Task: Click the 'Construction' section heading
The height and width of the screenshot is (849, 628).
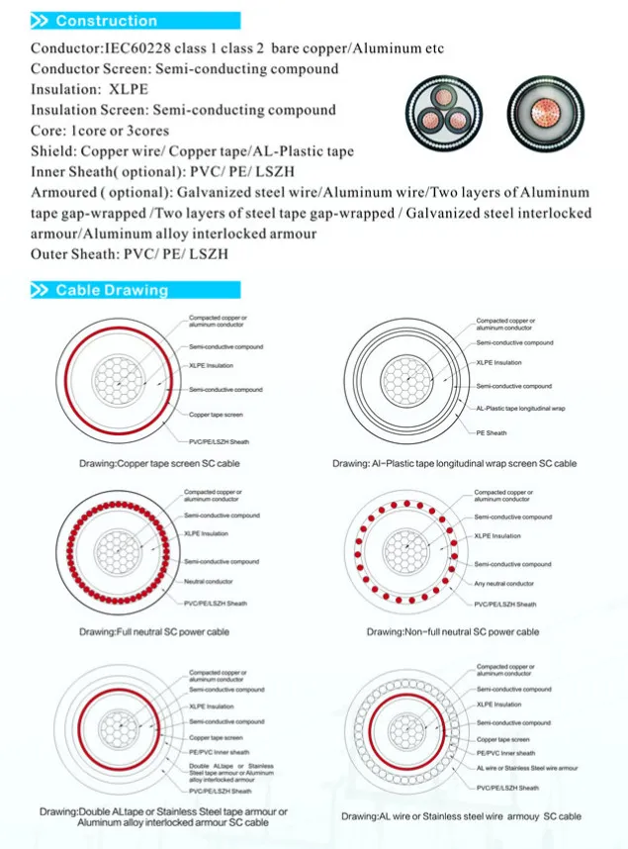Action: pyautogui.click(x=106, y=21)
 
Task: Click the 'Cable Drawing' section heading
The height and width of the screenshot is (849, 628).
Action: pyautogui.click(x=111, y=290)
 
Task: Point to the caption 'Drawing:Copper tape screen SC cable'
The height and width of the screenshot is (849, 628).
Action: pyautogui.click(x=159, y=463)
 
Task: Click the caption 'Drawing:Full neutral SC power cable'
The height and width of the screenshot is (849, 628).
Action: pyautogui.click(x=155, y=631)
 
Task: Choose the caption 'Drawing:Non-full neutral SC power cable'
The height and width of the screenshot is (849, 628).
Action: pyautogui.click(x=452, y=631)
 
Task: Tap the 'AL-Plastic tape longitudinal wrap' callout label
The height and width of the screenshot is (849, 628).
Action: pyautogui.click(x=520, y=408)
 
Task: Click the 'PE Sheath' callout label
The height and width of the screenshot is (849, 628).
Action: pyautogui.click(x=493, y=432)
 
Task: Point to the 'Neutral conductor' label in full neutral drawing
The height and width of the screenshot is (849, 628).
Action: pyautogui.click(x=209, y=581)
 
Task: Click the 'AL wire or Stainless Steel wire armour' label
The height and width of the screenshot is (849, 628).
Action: pyautogui.click(x=524, y=767)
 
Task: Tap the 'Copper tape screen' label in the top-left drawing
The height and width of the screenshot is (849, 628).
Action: pyautogui.click(x=216, y=415)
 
